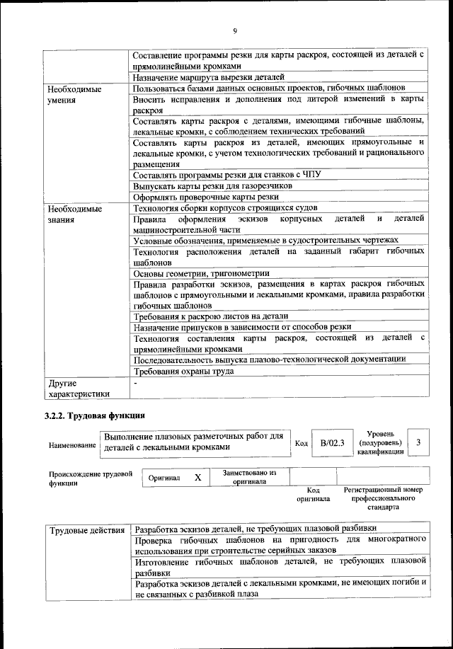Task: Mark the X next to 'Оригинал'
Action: point(198,478)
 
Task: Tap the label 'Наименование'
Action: point(72,445)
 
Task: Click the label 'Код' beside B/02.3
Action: point(301,443)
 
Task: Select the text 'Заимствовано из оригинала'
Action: point(249,477)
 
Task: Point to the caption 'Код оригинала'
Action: point(314,494)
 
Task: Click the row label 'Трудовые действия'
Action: point(88,529)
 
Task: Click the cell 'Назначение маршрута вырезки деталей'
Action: point(209,77)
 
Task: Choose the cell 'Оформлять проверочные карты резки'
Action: point(206,197)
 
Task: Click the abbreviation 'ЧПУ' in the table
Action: point(302,174)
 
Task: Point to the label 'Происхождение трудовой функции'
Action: point(91,479)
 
